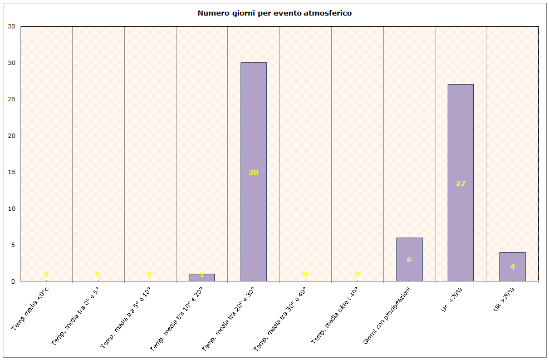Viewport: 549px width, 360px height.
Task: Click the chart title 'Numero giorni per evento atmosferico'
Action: pyautogui.click(x=274, y=13)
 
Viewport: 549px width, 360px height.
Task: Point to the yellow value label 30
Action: pyautogui.click(x=253, y=172)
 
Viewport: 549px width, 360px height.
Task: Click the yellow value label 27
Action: pyautogui.click(x=460, y=183)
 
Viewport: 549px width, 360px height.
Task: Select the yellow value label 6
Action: pyautogui.click(x=409, y=260)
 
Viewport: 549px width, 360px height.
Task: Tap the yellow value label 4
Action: pyautogui.click(x=512, y=267)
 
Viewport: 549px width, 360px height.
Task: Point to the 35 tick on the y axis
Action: pyautogui.click(x=12, y=27)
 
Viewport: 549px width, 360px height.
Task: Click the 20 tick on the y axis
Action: pyautogui.click(x=12, y=136)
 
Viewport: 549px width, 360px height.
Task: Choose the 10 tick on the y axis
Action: pyautogui.click(x=12, y=209)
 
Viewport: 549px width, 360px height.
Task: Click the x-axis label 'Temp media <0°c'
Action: pyautogui.click(x=30, y=308)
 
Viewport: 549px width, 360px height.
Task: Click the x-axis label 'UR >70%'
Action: pyautogui.click(x=503, y=300)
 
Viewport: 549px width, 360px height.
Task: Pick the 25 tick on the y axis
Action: pyautogui.click(x=12, y=100)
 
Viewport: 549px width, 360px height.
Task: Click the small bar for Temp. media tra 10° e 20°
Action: pyautogui.click(x=202, y=277)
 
